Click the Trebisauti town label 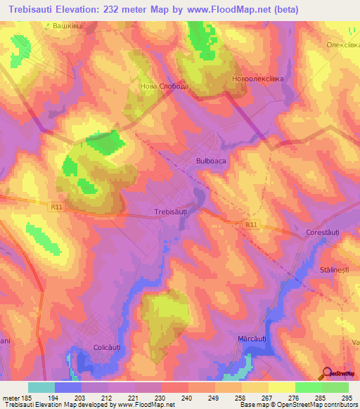pyautogui.click(x=170, y=210)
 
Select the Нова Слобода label pyautogui.click(x=165, y=86)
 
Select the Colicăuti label pyautogui.click(x=108, y=346)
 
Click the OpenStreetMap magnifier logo pyautogui.click(x=326, y=373)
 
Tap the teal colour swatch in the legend pyautogui.click(x=41, y=387)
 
